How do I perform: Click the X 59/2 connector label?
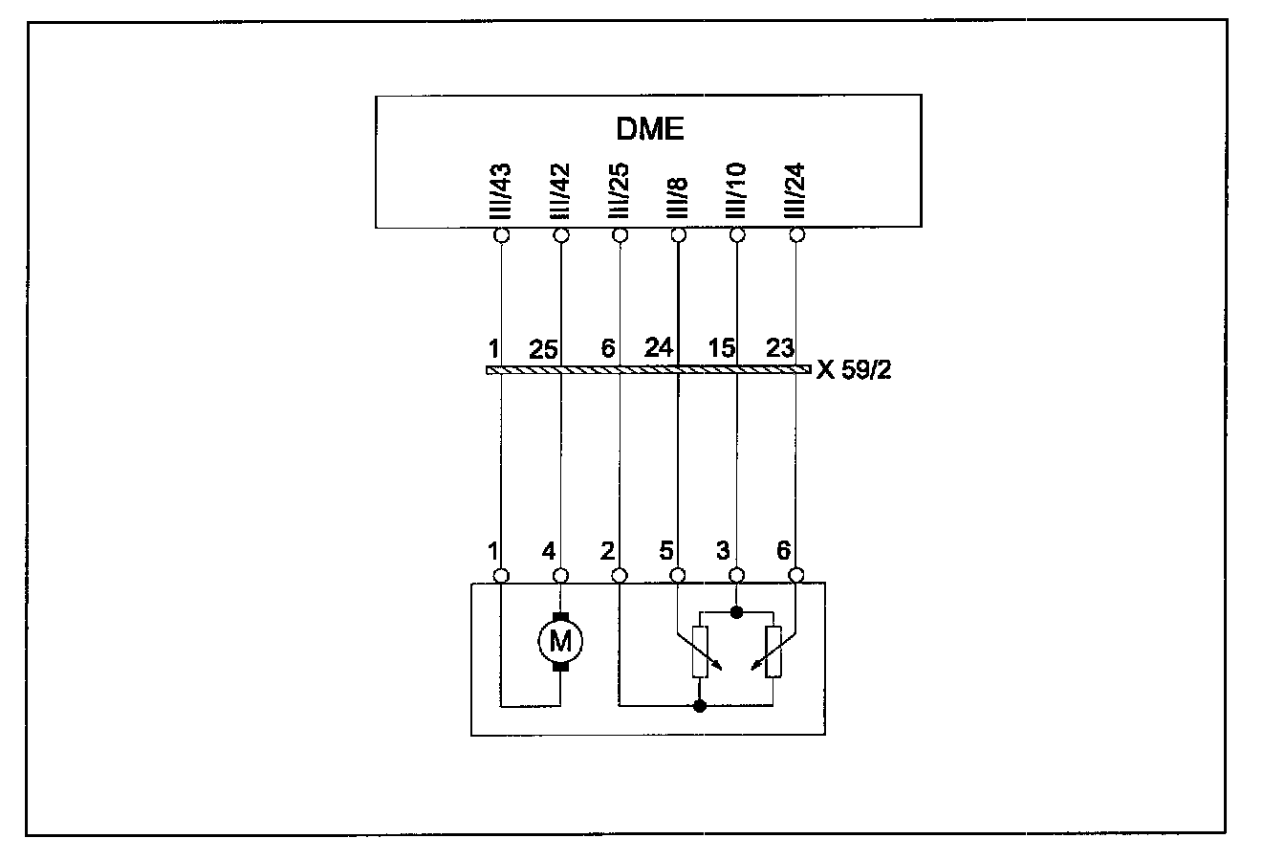854,370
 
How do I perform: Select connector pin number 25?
543,349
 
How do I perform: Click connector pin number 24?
659,348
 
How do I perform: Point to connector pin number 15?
721,348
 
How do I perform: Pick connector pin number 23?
780,348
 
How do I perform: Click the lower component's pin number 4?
548,552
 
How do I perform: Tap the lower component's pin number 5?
666,552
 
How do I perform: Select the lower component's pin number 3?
724,552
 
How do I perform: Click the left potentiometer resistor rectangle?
701,651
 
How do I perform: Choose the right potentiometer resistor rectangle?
773,651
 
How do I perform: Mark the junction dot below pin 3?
736,609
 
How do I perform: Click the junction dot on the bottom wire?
700,707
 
